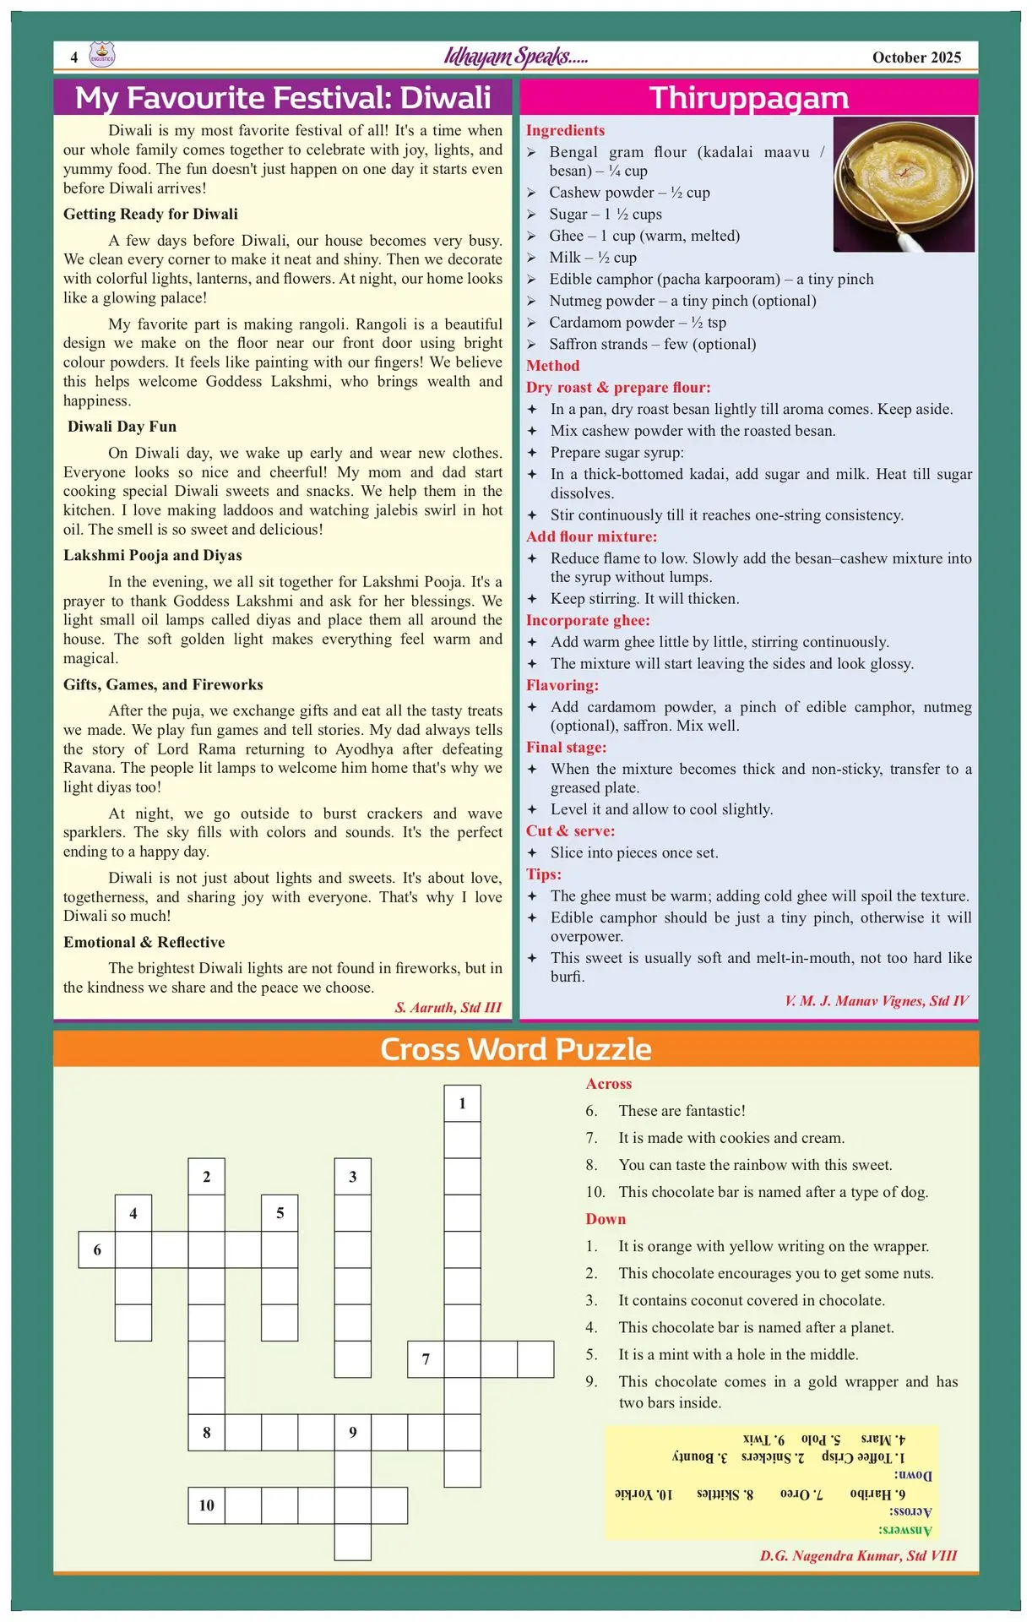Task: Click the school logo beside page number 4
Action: (102, 56)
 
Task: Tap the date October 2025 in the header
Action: (916, 57)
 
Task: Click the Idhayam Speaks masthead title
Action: (516, 57)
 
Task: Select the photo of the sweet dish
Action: (904, 184)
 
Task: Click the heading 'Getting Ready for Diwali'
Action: (150, 215)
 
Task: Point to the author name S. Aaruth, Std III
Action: (448, 1007)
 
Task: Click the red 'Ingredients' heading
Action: (565, 130)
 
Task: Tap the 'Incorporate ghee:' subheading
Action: (588, 620)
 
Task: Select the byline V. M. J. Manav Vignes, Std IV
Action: (877, 1001)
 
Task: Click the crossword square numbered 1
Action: (462, 1103)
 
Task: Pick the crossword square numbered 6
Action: (97, 1249)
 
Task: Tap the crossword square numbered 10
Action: (207, 1505)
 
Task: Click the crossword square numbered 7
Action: (426, 1359)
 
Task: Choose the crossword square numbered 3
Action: (353, 1177)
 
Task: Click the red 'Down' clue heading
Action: (606, 1219)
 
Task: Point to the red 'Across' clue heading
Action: (608, 1084)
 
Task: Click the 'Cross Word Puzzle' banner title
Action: (516, 1049)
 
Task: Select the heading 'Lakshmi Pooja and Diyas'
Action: (152, 556)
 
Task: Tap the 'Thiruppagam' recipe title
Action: (748, 98)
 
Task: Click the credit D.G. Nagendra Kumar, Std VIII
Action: (858, 1556)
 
